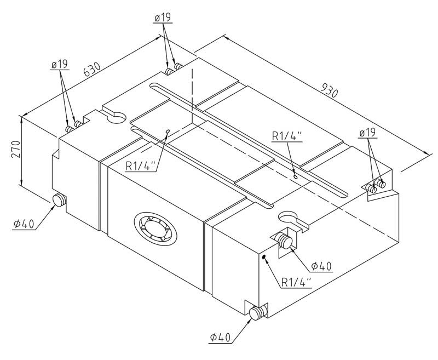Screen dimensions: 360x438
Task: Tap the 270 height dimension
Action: [x=15, y=150]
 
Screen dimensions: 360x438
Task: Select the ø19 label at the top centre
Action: [x=163, y=18]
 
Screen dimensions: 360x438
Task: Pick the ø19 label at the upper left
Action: [x=59, y=65]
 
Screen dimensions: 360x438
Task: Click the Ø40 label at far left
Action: [x=25, y=224]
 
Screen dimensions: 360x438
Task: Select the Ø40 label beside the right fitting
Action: [x=322, y=266]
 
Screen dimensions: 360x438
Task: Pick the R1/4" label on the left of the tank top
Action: [x=140, y=165]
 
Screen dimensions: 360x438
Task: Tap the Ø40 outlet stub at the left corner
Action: [x=59, y=201]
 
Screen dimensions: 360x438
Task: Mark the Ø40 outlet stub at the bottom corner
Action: [x=256, y=313]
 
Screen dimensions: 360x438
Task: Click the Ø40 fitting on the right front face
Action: [x=284, y=240]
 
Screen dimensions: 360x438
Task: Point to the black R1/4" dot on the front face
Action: [x=264, y=256]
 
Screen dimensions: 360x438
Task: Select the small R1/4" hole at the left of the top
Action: [x=168, y=132]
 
